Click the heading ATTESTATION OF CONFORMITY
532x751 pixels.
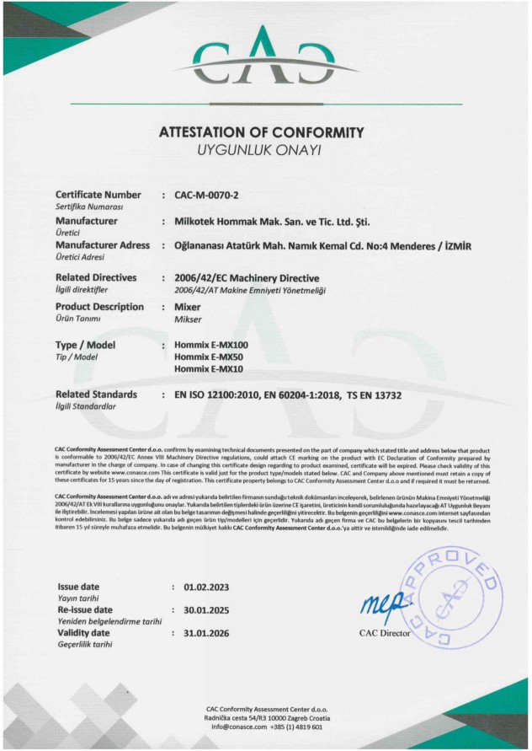(x=261, y=132)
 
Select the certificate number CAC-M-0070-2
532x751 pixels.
(x=207, y=196)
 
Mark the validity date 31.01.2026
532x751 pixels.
(x=199, y=632)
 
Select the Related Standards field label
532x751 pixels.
(x=96, y=394)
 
